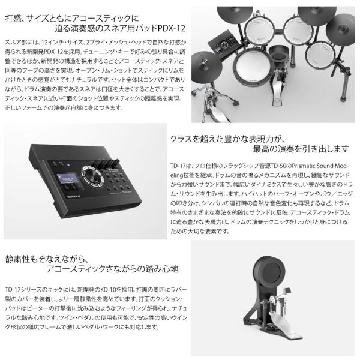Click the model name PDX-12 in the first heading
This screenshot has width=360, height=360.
coord(172,28)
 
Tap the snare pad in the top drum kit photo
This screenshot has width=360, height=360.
coord(253,67)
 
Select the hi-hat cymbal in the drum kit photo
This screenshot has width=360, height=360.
coord(207,67)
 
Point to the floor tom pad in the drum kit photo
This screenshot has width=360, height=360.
coord(321,55)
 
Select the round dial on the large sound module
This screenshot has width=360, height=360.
coord(92,176)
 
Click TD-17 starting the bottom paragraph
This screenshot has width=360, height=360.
coord(13,290)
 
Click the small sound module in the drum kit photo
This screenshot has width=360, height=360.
coord(224,44)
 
